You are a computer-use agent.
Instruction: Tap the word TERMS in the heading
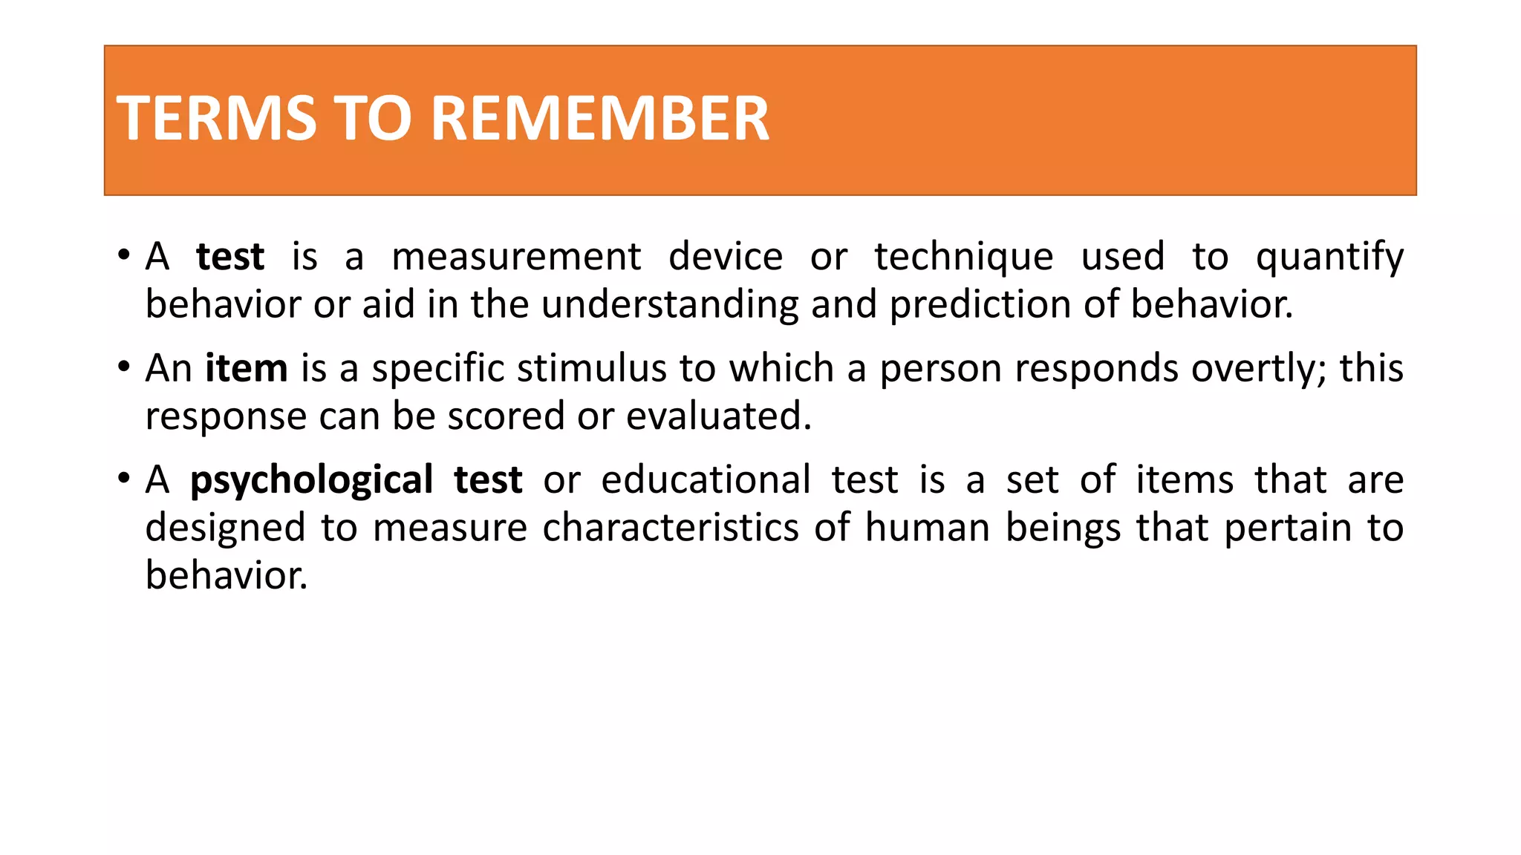coord(216,119)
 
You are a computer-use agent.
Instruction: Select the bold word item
coord(246,368)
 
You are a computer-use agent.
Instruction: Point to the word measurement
coord(516,257)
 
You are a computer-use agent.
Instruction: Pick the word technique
coord(963,257)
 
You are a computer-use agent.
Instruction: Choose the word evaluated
coord(718,416)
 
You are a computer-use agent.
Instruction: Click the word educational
coord(705,479)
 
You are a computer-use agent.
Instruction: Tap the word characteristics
coord(671,527)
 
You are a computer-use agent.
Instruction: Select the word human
coord(927,527)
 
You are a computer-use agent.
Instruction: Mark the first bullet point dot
coord(124,255)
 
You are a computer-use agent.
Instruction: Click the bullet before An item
coord(124,367)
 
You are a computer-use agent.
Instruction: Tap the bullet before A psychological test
coord(124,478)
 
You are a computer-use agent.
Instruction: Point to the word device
coord(725,257)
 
